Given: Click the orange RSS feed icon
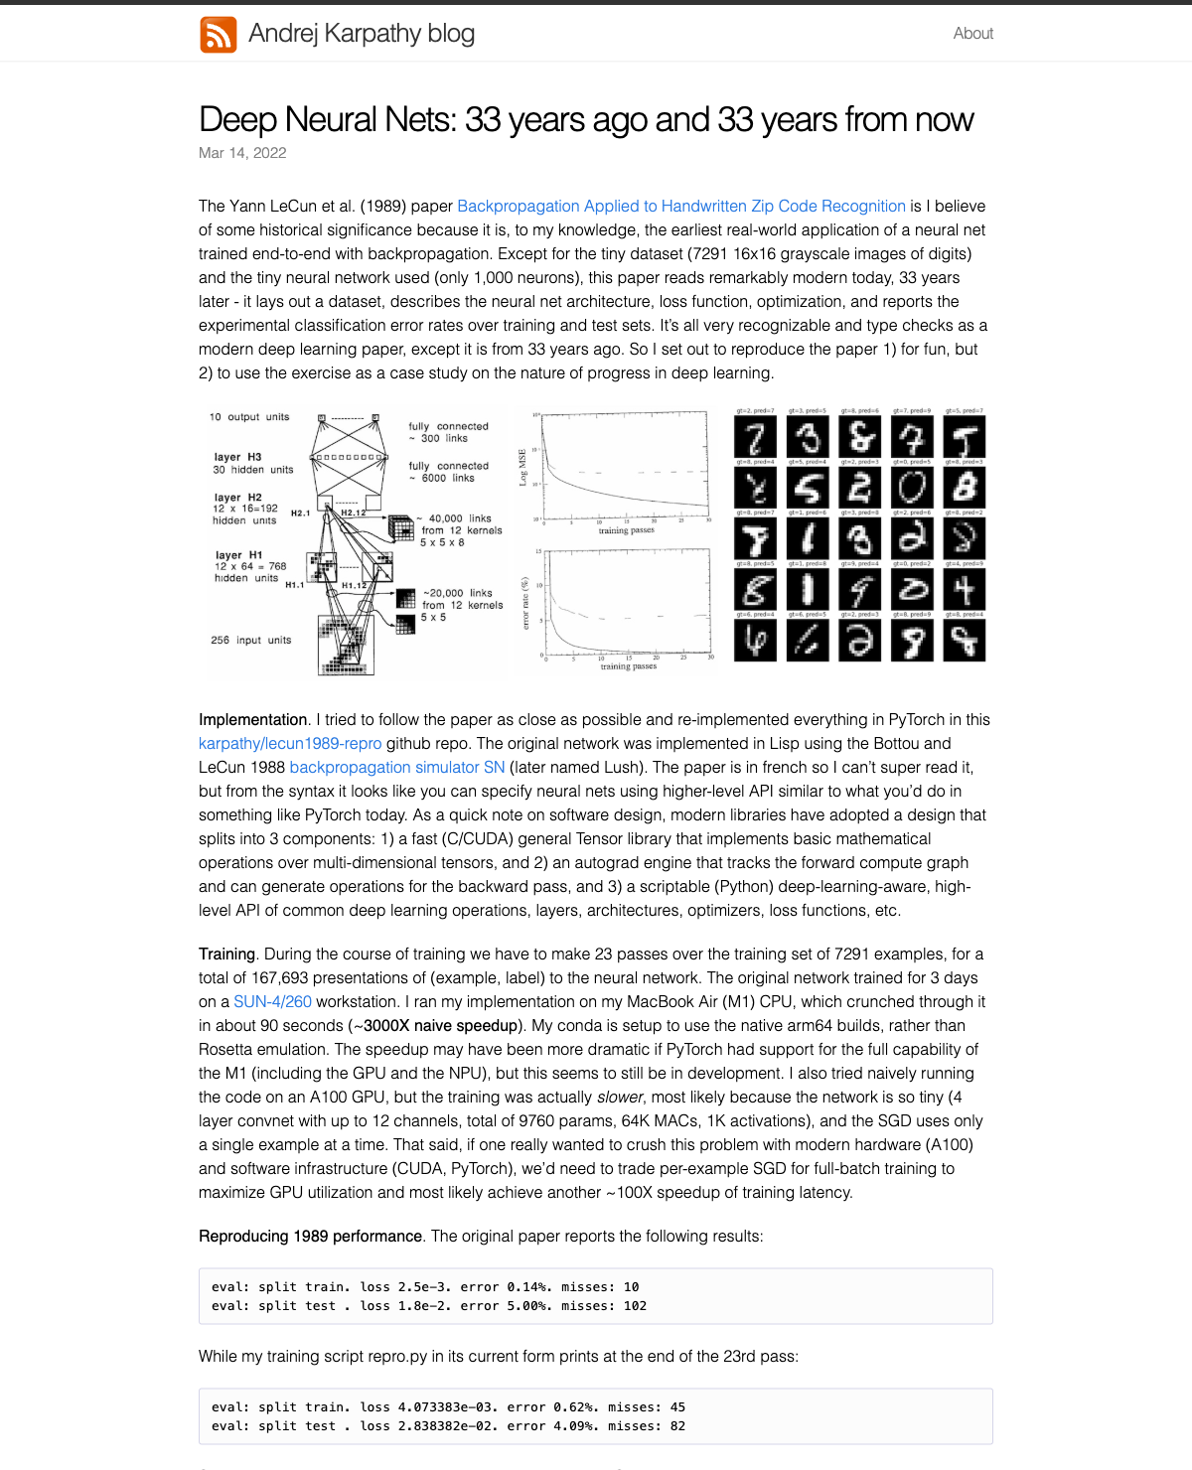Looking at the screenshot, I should pyautogui.click(x=219, y=34).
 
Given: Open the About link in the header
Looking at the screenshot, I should pyautogui.click(x=972, y=34).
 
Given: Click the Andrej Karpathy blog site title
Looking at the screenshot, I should pyautogui.click(x=362, y=34).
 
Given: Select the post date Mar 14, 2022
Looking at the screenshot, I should pyautogui.click(x=242, y=153).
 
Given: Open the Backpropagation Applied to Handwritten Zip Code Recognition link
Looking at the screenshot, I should pyautogui.click(x=681, y=207).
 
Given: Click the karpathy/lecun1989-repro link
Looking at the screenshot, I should pyautogui.click(x=290, y=744).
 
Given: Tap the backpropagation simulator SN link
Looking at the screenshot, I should pyautogui.click(x=397, y=768).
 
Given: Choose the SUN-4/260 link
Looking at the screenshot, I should pyautogui.click(x=272, y=1002).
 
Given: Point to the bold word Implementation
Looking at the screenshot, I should pyautogui.click(x=253, y=720).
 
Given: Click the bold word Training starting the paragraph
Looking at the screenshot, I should pyautogui.click(x=226, y=955).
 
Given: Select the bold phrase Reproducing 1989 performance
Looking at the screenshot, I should pyautogui.click(x=310, y=1237).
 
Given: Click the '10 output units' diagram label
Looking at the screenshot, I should pyautogui.click(x=249, y=417).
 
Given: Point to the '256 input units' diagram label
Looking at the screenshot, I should pyautogui.click(x=251, y=641).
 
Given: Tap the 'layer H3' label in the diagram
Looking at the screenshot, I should pyautogui.click(x=237, y=457).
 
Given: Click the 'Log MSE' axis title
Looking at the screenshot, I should pyautogui.click(x=522, y=467).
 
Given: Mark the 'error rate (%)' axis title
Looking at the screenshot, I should pyautogui.click(x=525, y=605).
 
